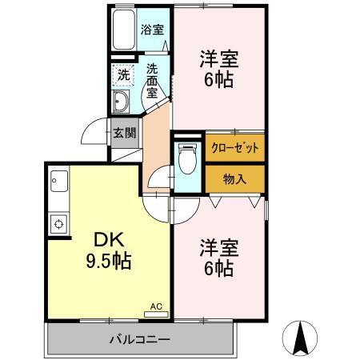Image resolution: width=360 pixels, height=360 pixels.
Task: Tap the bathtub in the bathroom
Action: point(123,31)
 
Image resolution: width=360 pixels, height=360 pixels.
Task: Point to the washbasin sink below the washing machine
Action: point(122,102)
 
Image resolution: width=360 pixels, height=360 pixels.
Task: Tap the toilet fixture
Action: point(187,158)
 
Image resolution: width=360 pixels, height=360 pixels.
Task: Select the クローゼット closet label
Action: point(234,148)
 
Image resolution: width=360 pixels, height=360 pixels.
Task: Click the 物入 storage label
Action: point(234,178)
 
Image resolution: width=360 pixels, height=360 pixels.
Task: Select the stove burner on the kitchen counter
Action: point(58,223)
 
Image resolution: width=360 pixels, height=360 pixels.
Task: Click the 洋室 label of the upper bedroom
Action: point(218,59)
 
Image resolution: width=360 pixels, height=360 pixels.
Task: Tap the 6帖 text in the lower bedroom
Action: point(218,270)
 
